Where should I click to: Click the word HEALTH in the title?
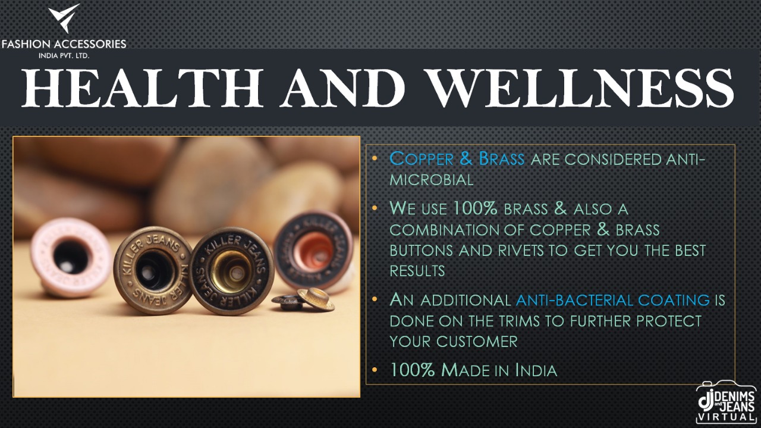point(142,88)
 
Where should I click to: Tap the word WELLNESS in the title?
point(580,88)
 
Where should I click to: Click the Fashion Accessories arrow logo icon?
point(64,18)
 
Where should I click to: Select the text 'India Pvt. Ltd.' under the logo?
point(64,56)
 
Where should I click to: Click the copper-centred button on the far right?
point(313,251)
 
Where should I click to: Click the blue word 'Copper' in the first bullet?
point(422,159)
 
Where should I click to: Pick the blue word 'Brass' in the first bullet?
point(501,159)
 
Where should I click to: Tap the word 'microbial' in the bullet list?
point(432,180)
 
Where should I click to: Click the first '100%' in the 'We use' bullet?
point(476,208)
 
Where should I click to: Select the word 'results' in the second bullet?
point(417,271)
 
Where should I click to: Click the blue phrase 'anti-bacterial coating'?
point(612,300)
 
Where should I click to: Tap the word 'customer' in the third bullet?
point(477,342)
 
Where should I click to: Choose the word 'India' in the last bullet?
point(536,370)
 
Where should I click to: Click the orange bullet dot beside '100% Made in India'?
point(375,370)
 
